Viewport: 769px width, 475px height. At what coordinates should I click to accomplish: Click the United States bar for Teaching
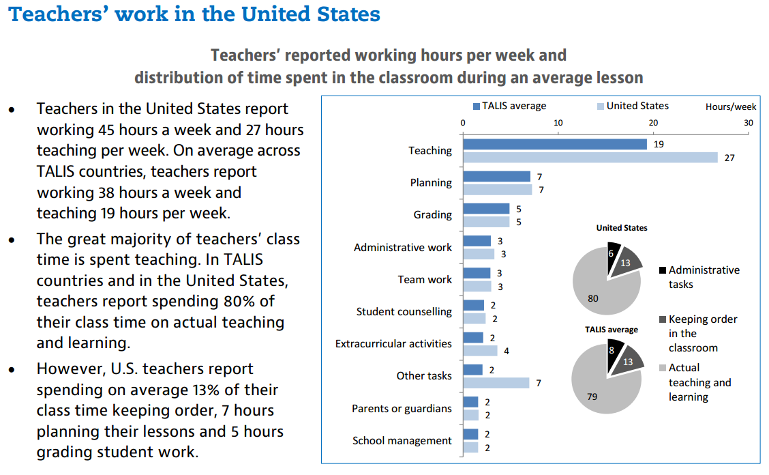pyautogui.click(x=590, y=158)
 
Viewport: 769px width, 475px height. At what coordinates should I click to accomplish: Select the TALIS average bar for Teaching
pyautogui.click(x=555, y=144)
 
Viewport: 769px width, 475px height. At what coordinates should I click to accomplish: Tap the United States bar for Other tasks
pyautogui.click(x=496, y=383)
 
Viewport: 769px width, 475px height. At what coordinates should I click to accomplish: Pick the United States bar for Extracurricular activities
pyautogui.click(x=480, y=351)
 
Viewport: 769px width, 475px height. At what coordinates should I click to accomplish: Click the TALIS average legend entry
pyautogui.click(x=509, y=106)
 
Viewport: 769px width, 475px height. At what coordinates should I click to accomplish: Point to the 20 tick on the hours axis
pyautogui.click(x=653, y=122)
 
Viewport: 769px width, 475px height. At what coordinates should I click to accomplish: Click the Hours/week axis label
pyautogui.click(x=731, y=106)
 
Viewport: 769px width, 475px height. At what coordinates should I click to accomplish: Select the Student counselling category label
pyautogui.click(x=404, y=312)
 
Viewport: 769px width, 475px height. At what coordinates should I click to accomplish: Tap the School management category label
pyautogui.click(x=402, y=441)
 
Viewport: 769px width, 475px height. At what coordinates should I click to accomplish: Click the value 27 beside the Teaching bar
pyautogui.click(x=729, y=158)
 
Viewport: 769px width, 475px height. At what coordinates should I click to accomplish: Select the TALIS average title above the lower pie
pyautogui.click(x=612, y=330)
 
